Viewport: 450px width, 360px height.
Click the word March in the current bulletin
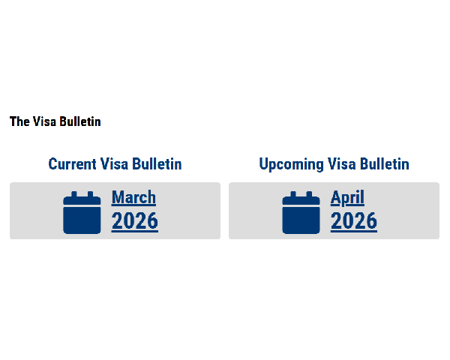133,197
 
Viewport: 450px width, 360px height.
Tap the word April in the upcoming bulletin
347,198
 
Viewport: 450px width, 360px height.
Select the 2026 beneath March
135,220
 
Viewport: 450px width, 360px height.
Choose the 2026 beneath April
354,220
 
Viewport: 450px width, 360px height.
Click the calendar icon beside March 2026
82,213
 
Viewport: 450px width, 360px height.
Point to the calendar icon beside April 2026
301,213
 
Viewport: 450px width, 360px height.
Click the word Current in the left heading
72,164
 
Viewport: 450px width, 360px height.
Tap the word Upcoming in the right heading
291,165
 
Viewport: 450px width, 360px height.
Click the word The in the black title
19,121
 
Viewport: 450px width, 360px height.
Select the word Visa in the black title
44,121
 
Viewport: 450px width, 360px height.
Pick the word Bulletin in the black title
80,121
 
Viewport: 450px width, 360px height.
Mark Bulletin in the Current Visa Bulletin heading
157,164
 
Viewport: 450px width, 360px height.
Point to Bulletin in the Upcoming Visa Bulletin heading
385,164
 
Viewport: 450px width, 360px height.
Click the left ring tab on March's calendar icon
74,194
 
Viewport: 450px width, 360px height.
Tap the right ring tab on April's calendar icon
309,194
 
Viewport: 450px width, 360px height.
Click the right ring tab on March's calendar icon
91,194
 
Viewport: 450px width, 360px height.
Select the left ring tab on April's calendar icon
293,194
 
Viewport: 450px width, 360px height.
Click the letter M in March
117,197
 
